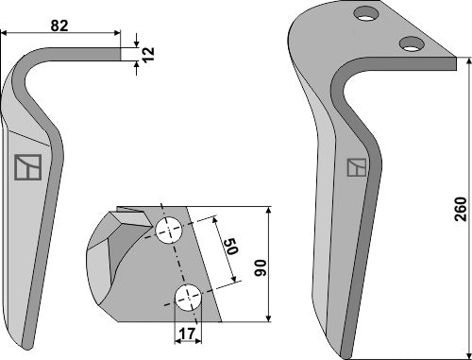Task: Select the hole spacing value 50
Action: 228,250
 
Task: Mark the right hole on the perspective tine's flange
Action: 410,43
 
